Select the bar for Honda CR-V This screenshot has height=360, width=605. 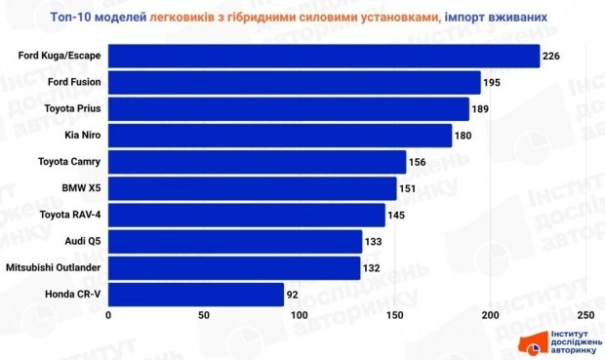click(196, 294)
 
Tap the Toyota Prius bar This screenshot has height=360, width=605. click(288, 108)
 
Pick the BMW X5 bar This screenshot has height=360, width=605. click(253, 187)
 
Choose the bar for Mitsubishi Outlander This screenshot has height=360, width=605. click(234, 267)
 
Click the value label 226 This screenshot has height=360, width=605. click(550, 56)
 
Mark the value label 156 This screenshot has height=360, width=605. click(417, 161)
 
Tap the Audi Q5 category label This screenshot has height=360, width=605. click(82, 241)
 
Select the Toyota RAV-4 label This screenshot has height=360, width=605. click(72, 214)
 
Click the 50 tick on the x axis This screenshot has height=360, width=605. click(204, 316)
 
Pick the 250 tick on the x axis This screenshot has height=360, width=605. click(585, 316)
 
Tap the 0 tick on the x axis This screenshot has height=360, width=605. click(109, 316)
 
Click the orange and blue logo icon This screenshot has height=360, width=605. click(532, 343)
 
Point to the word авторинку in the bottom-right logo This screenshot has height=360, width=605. click(572, 349)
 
